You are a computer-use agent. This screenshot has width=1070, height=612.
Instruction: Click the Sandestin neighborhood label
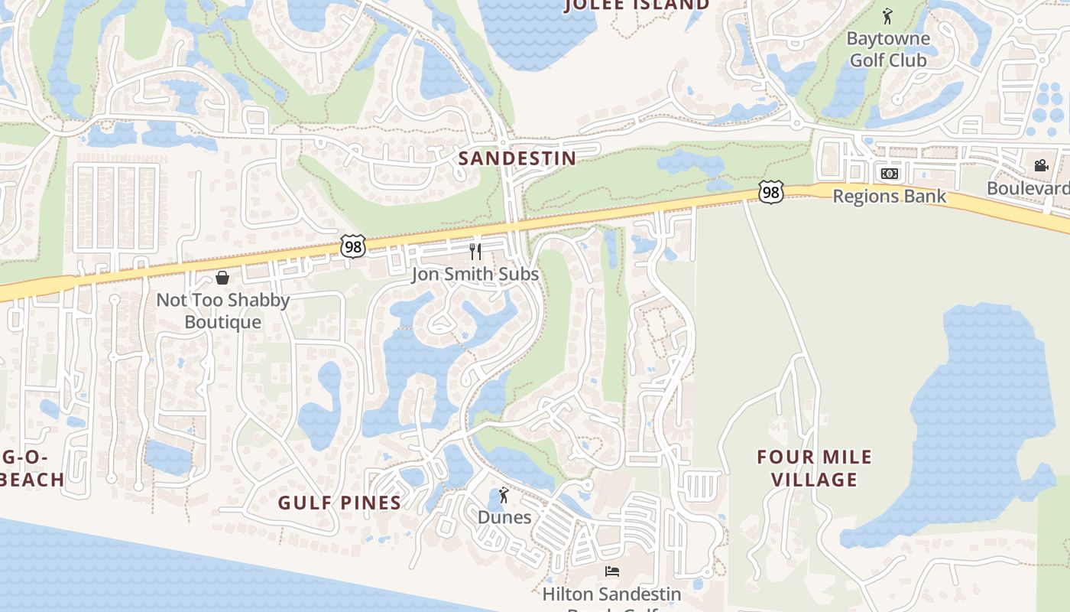[x=517, y=158]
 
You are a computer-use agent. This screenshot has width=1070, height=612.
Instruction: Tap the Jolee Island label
[x=637, y=5]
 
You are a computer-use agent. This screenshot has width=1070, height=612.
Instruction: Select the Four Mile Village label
[x=814, y=468]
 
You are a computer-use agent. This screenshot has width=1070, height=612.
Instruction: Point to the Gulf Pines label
[x=339, y=503]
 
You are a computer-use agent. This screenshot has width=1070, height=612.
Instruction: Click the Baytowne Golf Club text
[x=888, y=49]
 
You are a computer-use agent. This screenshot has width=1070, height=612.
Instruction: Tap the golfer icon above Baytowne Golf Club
[x=887, y=16]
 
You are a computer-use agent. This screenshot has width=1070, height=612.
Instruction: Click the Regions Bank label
[x=889, y=196]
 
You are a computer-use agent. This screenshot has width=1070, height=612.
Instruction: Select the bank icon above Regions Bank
[x=889, y=174]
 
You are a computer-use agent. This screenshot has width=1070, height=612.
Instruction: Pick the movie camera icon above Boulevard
[x=1041, y=165]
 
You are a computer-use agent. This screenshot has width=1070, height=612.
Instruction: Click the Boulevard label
[x=1028, y=188]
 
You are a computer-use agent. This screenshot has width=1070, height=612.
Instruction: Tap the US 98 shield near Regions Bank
[x=771, y=192]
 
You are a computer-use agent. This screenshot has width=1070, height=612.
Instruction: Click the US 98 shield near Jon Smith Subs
[x=352, y=246]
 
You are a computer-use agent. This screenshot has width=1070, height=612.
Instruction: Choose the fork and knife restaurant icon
[x=475, y=251]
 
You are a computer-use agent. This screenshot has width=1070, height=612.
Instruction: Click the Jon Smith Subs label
[x=475, y=274]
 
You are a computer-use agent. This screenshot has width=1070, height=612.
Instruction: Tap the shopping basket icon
[x=222, y=277]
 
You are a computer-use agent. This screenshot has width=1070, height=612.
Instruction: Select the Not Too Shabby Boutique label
[x=222, y=311]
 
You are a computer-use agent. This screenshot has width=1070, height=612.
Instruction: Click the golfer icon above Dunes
[x=503, y=496]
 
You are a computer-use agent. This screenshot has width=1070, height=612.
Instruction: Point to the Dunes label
[x=504, y=517]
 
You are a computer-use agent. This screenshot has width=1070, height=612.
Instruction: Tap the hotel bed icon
[x=611, y=571]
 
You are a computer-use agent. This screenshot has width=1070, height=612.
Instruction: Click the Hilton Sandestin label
[x=611, y=594]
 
